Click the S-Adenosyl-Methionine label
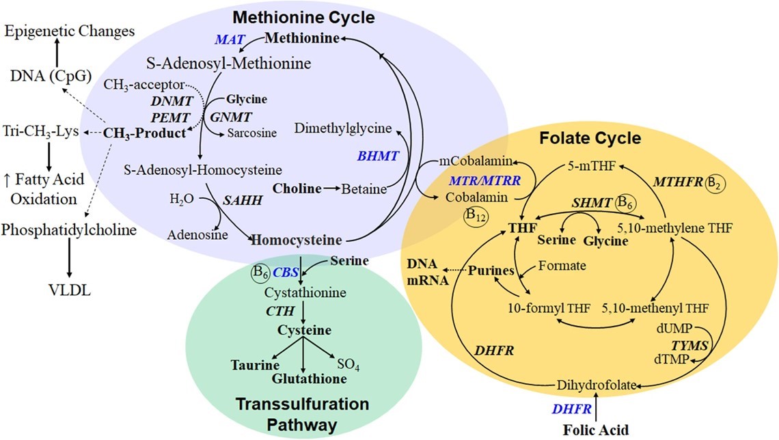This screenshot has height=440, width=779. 228,64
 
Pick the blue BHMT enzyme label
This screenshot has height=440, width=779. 378,156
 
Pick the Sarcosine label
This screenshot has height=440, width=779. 252,133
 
